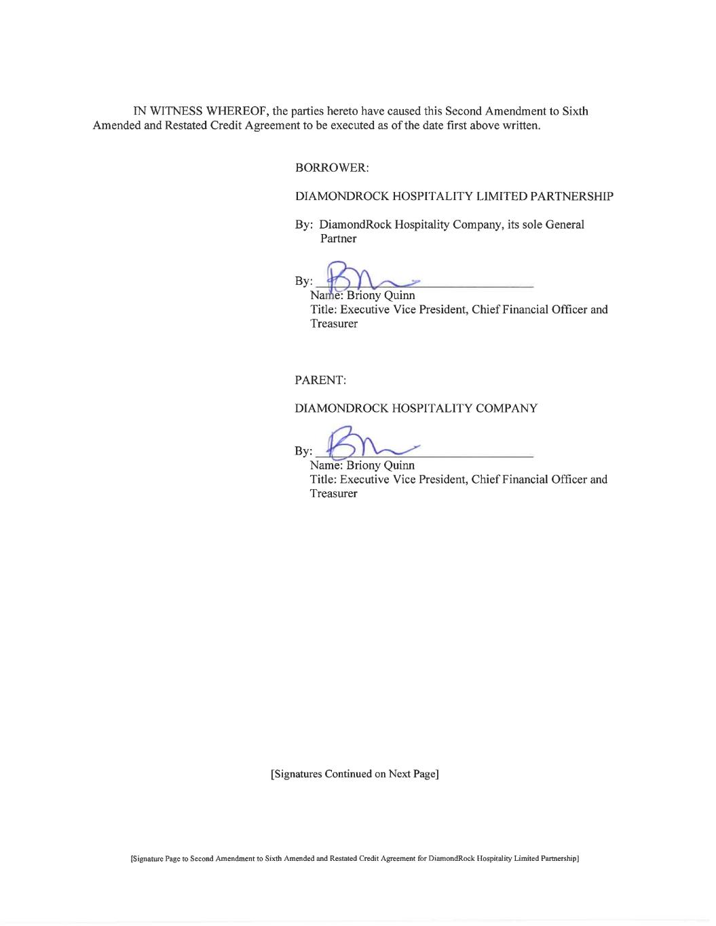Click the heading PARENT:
point(320,381)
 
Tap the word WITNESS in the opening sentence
point(177,111)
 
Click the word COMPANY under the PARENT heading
point(504,408)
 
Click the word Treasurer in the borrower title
point(333,324)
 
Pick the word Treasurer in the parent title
point(333,493)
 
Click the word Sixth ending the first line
point(575,111)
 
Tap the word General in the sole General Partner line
point(564,225)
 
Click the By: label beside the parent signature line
point(303,451)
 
